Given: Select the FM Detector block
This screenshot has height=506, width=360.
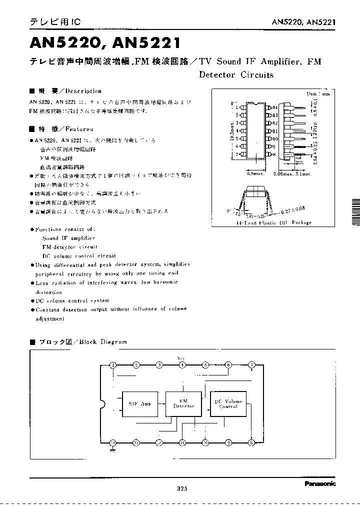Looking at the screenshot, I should point(183,403).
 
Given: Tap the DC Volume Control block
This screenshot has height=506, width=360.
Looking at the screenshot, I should point(228,403).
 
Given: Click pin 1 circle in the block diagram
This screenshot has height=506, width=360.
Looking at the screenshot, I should point(113,365).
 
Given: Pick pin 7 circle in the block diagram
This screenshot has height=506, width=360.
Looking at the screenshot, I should point(251,365).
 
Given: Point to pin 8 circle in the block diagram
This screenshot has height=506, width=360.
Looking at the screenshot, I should point(251,442).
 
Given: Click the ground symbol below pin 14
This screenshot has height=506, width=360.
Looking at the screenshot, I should point(113,450).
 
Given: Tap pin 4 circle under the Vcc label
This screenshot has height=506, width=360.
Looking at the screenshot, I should point(182,365).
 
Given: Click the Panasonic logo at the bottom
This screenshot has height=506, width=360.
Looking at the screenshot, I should point(320,483).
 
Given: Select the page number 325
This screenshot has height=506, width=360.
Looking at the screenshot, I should point(181,489).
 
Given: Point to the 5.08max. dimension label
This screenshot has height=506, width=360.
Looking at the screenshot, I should point(282,174).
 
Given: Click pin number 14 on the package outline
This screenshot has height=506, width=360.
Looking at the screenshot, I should point(274,107).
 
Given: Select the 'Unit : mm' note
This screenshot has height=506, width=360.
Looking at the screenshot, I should point(318,93).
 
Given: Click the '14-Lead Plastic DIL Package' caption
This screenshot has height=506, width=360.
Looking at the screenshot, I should point(274,222).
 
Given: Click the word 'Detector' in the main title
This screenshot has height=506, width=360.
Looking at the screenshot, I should point(216,75).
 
